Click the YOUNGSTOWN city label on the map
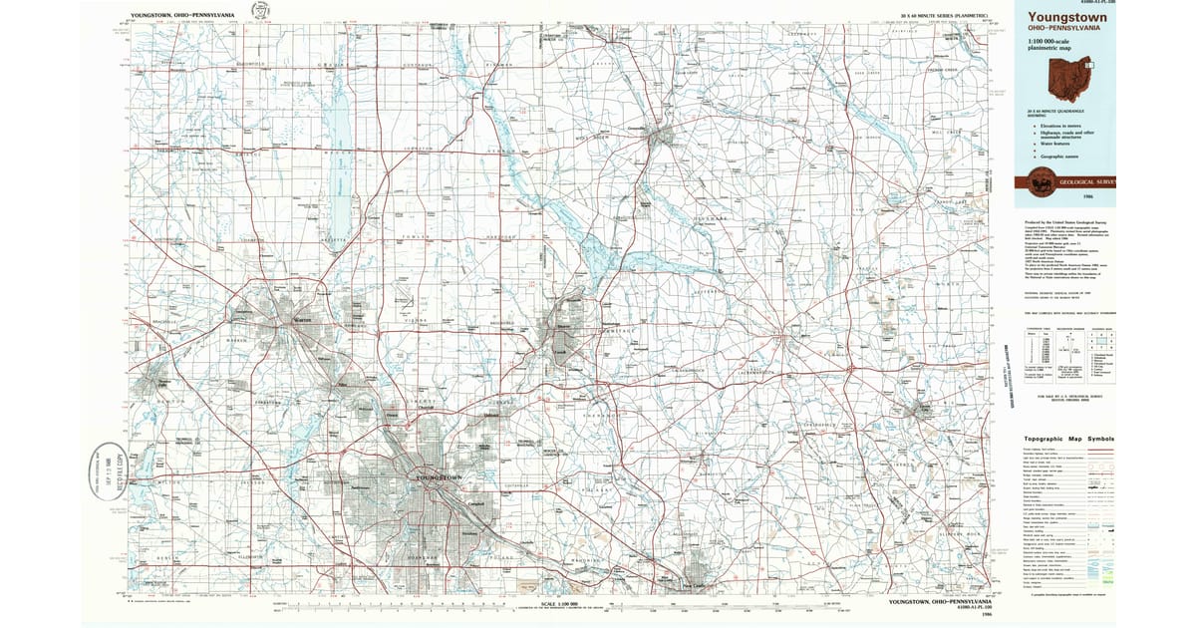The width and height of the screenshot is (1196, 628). click(439, 479)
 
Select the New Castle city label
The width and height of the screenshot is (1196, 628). click(692, 585)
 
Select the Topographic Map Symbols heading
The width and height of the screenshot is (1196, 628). click(1070, 439)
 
